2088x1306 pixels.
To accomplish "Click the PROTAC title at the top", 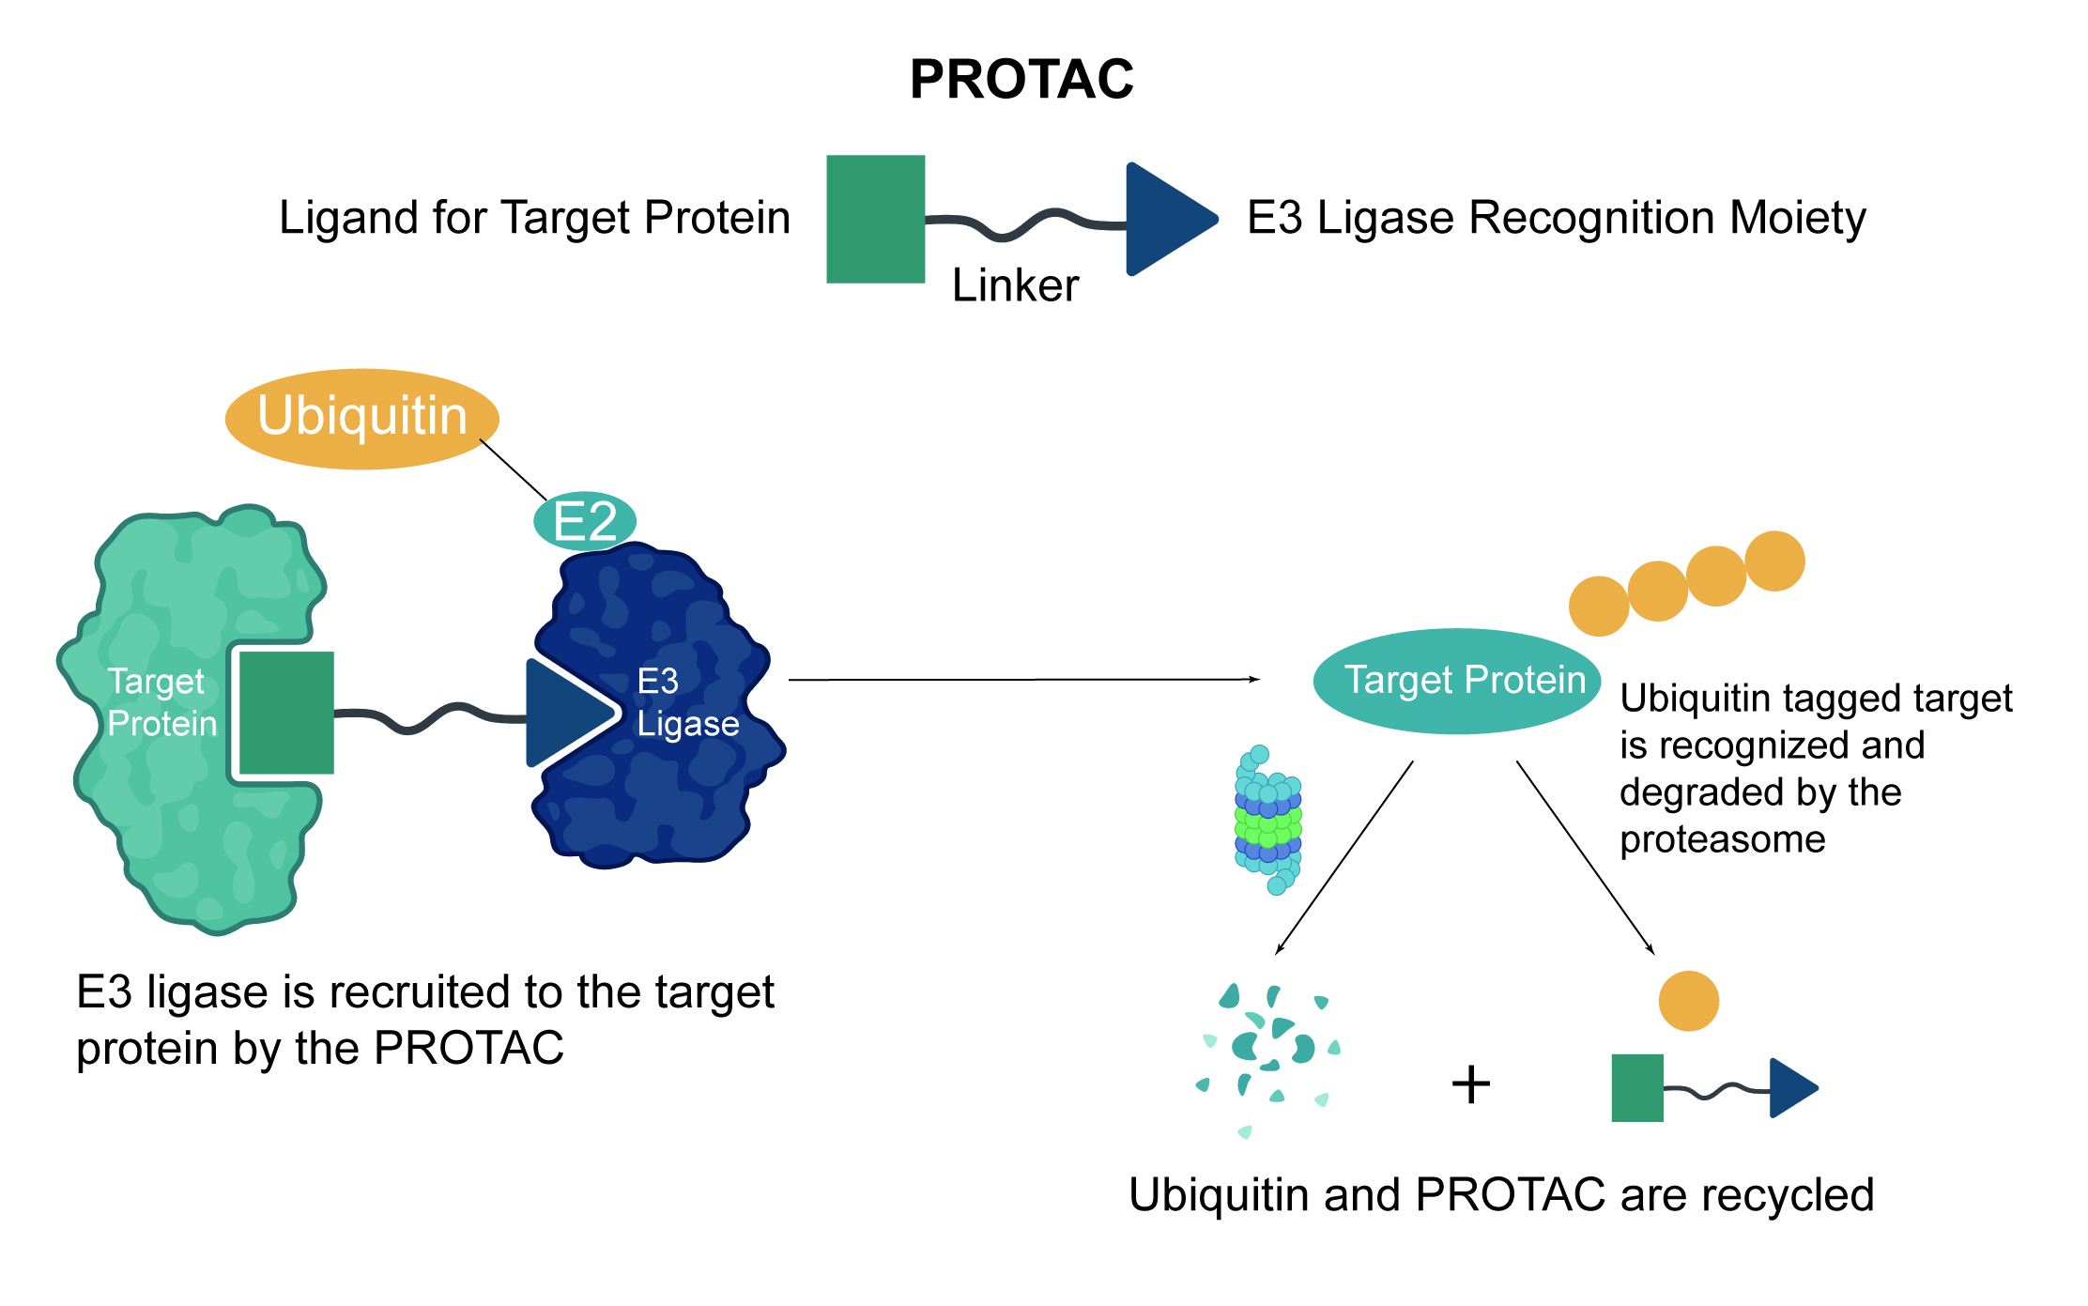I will click(x=1021, y=79).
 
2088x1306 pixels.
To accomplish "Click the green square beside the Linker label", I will click(x=875, y=219).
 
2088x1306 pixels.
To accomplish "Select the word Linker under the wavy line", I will click(x=1015, y=285).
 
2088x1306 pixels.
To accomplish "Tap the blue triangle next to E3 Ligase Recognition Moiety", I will click(x=1164, y=219).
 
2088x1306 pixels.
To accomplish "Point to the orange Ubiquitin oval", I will click(x=361, y=418).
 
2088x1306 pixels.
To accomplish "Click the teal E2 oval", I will click(x=585, y=521).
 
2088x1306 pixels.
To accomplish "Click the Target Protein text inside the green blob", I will click(x=161, y=702).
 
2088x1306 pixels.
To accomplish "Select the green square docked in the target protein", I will click(x=286, y=713).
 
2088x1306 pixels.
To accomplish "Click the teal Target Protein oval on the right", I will click(x=1457, y=681).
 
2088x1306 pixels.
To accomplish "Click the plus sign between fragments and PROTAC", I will click(x=1471, y=1085).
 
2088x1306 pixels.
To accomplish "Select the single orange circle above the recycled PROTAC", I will click(x=1688, y=1001).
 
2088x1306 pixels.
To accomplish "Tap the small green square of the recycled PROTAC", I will click(x=1637, y=1088).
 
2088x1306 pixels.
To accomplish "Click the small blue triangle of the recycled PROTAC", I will click(x=1789, y=1088).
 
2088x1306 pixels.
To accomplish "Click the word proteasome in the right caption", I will click(x=1723, y=839).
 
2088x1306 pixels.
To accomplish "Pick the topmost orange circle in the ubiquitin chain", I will click(x=1774, y=561).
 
